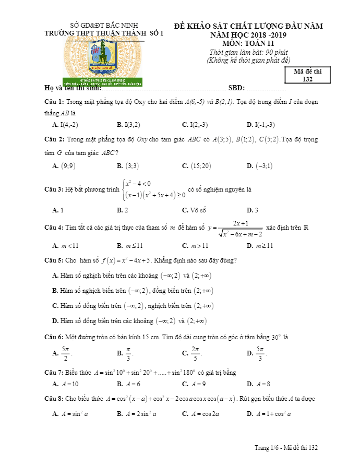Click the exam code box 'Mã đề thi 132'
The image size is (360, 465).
pos(307,76)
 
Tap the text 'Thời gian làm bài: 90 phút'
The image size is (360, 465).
pos(248,52)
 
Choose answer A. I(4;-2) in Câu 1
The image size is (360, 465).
pos(66,125)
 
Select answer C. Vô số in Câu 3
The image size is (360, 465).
pos(194,210)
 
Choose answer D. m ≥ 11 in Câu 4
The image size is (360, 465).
pos(260,245)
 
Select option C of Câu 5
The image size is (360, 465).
pos(133,306)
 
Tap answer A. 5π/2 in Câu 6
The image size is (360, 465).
pos(62,353)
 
